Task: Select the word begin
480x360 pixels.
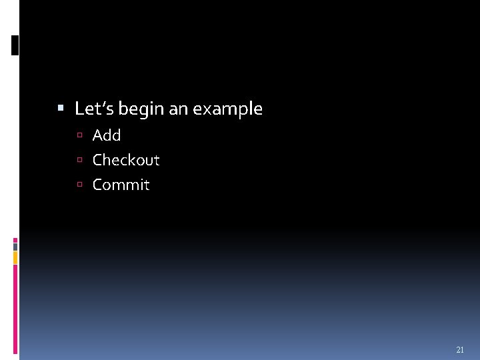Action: [141, 109]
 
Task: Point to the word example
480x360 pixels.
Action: [227, 109]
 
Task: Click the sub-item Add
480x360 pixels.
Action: [107, 135]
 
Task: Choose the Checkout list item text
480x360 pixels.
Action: [126, 160]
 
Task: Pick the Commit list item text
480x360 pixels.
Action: [121, 185]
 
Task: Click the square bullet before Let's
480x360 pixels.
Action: [61, 107]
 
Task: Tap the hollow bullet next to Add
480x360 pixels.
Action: [79, 136]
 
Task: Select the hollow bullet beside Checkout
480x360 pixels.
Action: [79, 161]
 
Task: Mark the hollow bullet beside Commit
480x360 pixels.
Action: [79, 185]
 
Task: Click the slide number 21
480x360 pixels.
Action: [459, 350]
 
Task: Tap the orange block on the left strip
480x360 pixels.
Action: [15, 257]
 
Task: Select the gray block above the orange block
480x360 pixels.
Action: [15, 245]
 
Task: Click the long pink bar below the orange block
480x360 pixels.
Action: [15, 307]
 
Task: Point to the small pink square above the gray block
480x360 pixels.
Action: [15, 240]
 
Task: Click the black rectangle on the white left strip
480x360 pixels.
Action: [15, 45]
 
